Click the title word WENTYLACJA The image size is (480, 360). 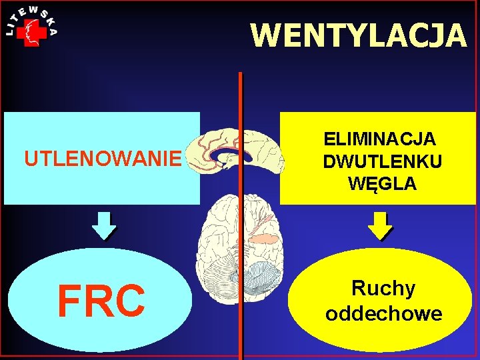359,35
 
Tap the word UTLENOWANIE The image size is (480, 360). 103,159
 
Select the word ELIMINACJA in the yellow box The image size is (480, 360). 379,139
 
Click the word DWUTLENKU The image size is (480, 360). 382,161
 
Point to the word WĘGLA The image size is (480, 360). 382,183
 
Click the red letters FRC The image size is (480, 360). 101,301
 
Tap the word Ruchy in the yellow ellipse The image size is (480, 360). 383,289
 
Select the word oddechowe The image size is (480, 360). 383,313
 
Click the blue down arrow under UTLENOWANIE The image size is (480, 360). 103,225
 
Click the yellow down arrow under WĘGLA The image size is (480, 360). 381,225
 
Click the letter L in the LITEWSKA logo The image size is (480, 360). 9,33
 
